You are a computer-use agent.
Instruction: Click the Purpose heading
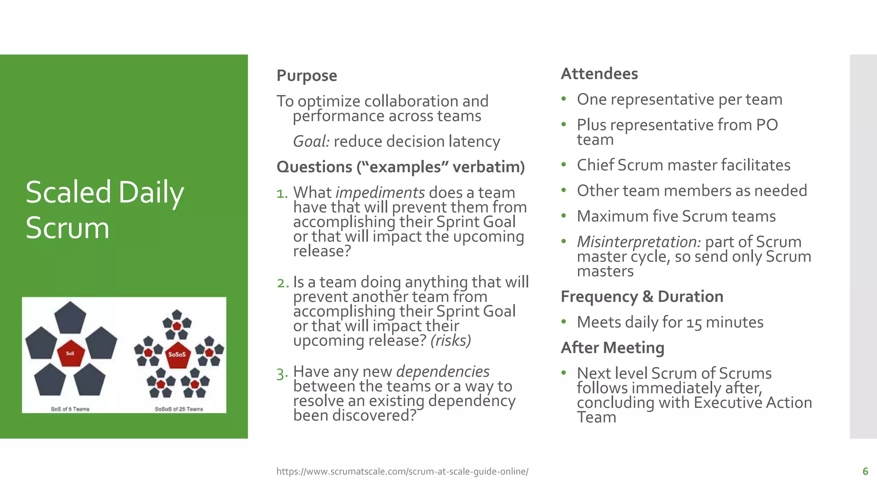tap(307, 75)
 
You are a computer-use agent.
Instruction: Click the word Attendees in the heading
tap(599, 74)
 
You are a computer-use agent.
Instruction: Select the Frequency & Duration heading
tap(641, 297)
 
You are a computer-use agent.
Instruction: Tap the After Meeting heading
tap(612, 348)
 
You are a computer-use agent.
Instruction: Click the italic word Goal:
tap(311, 142)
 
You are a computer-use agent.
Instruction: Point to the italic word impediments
tap(380, 193)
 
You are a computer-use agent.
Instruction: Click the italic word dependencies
tap(443, 372)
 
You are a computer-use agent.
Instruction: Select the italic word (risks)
tap(450, 340)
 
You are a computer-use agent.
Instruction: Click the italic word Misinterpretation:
tap(638, 242)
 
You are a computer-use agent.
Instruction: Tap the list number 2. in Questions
tap(283, 283)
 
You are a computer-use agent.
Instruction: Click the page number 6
tap(865, 471)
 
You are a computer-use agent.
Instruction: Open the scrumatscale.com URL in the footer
tap(402, 471)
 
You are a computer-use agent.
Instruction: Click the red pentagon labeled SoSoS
tap(177, 355)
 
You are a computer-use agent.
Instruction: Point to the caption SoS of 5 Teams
tap(70, 409)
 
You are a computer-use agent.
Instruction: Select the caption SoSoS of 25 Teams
tap(179, 409)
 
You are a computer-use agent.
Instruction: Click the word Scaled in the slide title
tap(69, 192)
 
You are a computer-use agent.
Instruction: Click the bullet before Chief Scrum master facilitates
tap(564, 165)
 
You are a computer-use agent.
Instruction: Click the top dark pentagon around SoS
tap(70, 318)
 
